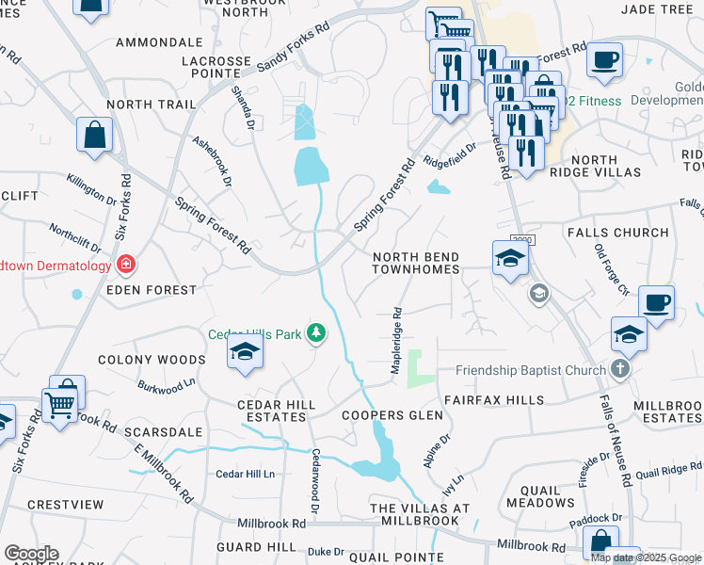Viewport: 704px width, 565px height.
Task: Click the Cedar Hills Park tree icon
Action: tap(317, 332)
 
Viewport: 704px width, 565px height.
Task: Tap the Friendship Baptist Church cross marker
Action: tap(619, 369)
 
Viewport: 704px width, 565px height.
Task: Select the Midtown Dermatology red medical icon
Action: tap(124, 266)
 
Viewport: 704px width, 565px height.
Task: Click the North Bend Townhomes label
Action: tap(416, 263)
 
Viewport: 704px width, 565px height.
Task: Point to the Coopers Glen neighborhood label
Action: tap(392, 415)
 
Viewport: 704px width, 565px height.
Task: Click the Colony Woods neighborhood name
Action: tap(151, 360)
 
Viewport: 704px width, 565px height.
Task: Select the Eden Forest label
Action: tap(152, 291)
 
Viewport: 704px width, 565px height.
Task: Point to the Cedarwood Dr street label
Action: tap(316, 480)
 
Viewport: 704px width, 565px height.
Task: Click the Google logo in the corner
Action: tap(31, 554)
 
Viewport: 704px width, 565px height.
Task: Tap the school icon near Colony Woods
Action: tap(244, 352)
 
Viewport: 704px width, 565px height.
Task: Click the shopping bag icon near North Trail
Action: tap(94, 135)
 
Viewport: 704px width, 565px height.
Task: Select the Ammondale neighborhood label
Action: tap(159, 42)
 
